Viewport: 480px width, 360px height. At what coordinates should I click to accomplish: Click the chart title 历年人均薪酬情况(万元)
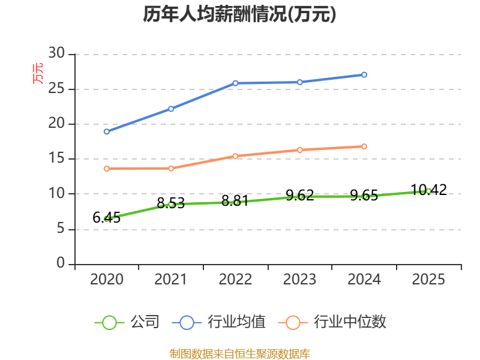pyautogui.click(x=239, y=14)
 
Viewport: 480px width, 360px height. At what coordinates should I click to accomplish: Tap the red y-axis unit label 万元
pyautogui.click(x=38, y=73)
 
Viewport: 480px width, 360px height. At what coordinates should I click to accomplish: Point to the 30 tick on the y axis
pyautogui.click(x=56, y=53)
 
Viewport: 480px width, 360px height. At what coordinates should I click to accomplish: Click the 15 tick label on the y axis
pyautogui.click(x=56, y=158)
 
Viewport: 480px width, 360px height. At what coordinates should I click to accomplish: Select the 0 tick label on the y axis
pyautogui.click(x=61, y=263)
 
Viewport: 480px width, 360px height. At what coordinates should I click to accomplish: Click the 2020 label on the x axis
pyautogui.click(x=107, y=279)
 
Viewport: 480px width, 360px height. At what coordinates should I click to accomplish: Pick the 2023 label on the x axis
pyautogui.click(x=299, y=279)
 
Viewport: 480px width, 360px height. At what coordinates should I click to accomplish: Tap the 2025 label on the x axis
pyautogui.click(x=428, y=279)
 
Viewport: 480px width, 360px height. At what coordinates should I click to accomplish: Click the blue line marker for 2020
pyautogui.click(x=107, y=131)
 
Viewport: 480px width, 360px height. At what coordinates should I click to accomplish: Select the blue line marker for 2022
pyautogui.click(x=235, y=83)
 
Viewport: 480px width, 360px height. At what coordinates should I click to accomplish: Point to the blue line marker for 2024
pyautogui.click(x=364, y=74)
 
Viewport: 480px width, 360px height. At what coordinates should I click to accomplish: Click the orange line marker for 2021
pyautogui.click(x=171, y=169)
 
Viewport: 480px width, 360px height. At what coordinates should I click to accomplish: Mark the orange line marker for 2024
pyautogui.click(x=364, y=146)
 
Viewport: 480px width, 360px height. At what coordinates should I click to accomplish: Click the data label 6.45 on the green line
pyautogui.click(x=107, y=218)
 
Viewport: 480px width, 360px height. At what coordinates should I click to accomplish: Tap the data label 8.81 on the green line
pyautogui.click(x=235, y=201)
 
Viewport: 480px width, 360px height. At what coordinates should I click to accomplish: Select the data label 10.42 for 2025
pyautogui.click(x=428, y=190)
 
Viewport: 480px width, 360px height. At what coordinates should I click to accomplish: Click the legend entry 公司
pyautogui.click(x=127, y=322)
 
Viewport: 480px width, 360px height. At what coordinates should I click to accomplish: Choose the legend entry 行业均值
pyautogui.click(x=218, y=322)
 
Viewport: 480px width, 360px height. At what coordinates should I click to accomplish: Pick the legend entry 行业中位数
pyautogui.click(x=332, y=322)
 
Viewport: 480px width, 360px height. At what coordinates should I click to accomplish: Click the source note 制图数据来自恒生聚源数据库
pyautogui.click(x=240, y=354)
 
